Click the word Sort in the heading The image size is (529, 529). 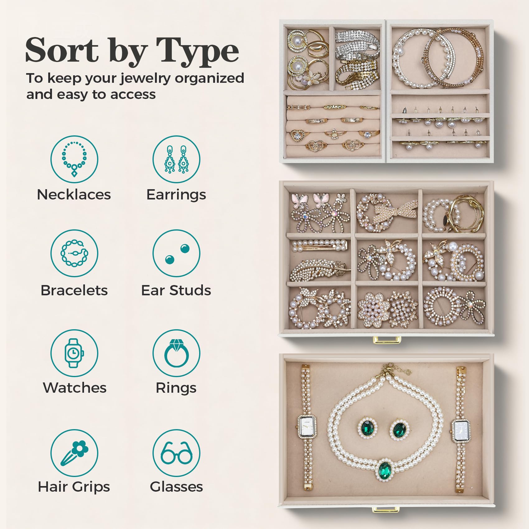pos(62,50)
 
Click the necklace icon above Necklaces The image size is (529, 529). pos(74,159)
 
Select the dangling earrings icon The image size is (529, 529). pos(176,159)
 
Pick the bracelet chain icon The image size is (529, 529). pos(74,253)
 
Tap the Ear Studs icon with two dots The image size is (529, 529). pos(176,253)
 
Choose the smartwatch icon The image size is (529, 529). pos(74,353)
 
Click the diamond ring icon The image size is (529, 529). pos(176,353)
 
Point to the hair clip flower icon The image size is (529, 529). pos(74,453)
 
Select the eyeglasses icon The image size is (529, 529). pos(176,453)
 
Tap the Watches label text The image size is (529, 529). pos(75,388)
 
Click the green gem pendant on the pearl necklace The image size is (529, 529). pos(385,470)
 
